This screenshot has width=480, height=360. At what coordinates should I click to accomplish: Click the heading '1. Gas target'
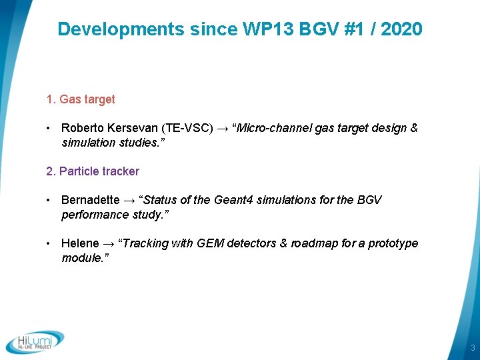click(x=81, y=99)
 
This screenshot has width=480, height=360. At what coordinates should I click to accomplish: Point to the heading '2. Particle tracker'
click(x=93, y=171)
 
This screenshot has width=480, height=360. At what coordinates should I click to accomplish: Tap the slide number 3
click(x=472, y=348)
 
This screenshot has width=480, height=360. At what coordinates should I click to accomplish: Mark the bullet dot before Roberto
click(x=49, y=128)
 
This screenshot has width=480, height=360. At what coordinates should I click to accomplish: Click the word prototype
click(x=393, y=243)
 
